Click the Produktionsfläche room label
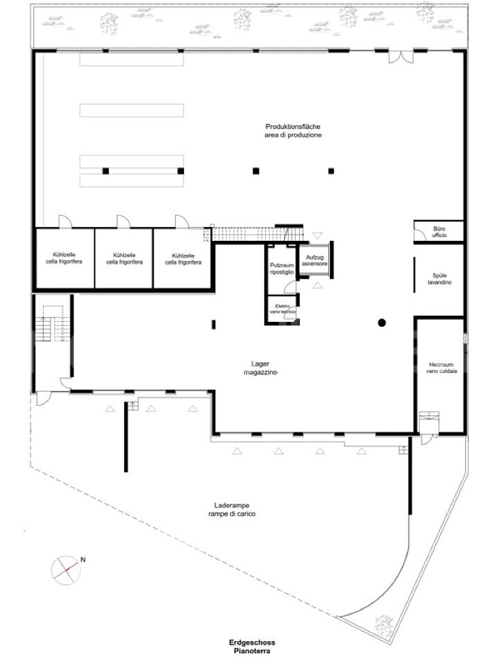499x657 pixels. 293,131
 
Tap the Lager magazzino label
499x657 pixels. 260,368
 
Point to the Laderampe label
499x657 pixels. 232,510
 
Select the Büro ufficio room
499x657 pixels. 439,231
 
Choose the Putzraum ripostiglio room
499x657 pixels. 282,269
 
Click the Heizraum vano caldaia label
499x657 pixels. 442,368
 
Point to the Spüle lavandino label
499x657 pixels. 439,279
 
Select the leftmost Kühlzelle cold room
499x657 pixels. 64,258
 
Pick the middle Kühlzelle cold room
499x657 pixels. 124,258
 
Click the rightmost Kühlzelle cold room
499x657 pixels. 182,258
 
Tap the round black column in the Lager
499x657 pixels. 382,322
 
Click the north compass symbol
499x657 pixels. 65,570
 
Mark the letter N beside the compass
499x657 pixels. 83,560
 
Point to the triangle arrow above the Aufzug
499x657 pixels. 317,236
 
